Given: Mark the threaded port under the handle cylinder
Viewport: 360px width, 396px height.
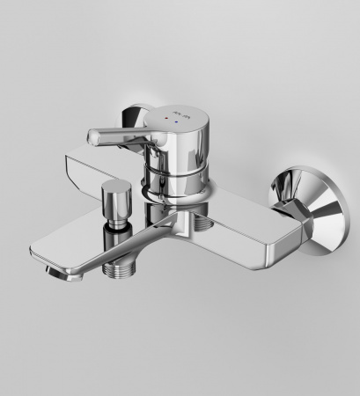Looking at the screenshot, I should click(x=204, y=227).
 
